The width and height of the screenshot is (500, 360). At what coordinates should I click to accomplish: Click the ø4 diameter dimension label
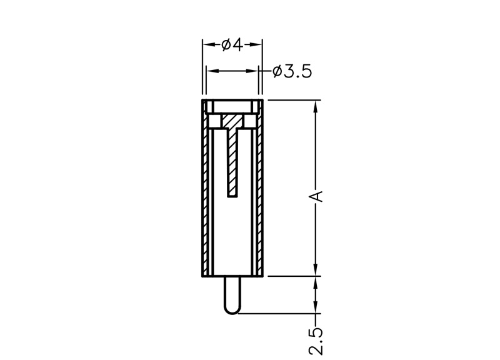(x=232, y=45)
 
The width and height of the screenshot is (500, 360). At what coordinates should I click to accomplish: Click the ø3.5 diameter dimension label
(x=292, y=72)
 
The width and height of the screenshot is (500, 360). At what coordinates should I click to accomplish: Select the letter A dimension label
(x=316, y=196)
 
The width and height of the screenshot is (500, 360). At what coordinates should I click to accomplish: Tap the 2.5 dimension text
(x=316, y=340)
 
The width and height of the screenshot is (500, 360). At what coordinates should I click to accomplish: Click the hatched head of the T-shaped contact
(x=232, y=121)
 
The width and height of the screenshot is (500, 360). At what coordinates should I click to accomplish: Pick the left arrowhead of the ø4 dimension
(x=208, y=44)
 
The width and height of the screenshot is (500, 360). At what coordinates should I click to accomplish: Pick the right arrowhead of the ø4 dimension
(x=257, y=44)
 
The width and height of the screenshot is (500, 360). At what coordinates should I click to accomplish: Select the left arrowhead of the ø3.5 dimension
(x=211, y=71)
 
